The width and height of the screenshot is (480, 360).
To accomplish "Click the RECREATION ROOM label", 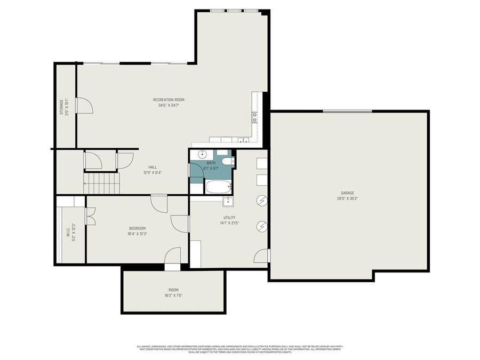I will pos(169,100).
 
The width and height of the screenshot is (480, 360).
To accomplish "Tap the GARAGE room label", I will pos(347,193).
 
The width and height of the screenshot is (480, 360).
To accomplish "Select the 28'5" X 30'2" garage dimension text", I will pos(347,199).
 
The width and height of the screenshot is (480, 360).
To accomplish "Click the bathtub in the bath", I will pos(218,187).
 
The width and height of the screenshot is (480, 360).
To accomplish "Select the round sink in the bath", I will pos(202,155).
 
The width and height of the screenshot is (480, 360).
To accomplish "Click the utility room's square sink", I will pos(228,202).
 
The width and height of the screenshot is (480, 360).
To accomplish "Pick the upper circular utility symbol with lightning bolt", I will pos(261,201).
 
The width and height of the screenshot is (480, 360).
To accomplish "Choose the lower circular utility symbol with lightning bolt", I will pos(261,226).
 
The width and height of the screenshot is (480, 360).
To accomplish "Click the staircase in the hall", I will pos(102,183).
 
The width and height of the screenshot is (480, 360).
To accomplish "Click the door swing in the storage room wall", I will pos(84,106).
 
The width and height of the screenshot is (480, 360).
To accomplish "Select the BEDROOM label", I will pos(137,228).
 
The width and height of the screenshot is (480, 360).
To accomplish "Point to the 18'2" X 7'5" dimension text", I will pos(173,295).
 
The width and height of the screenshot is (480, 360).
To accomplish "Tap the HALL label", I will pos(153,167).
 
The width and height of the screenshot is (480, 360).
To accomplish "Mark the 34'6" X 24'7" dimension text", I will pos(169,106).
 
